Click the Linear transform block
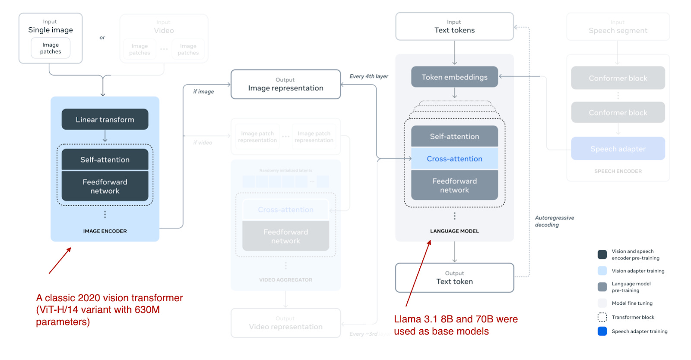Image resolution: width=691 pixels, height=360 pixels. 105,120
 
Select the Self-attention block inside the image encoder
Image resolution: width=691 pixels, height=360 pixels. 105,159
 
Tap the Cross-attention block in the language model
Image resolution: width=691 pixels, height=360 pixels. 454,159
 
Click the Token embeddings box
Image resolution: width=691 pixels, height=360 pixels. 454,77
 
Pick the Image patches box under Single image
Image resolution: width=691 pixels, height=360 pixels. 51,48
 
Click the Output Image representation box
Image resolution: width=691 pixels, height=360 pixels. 285,84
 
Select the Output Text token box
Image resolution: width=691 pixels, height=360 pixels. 454,277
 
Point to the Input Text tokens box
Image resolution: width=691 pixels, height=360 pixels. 454,26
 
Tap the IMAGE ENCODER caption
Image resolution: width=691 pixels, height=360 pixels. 105,231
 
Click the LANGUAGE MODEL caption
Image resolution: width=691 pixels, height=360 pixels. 454,231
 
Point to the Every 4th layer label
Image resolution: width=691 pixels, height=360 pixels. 368,76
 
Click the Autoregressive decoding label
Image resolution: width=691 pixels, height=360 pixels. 554,221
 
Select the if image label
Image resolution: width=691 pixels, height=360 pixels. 203,92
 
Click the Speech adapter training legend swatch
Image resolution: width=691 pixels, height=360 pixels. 602,331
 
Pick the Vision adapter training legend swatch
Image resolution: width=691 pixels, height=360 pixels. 602,271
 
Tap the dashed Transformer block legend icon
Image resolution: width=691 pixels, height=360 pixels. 602,317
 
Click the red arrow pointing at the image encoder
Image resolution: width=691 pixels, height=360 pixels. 60,261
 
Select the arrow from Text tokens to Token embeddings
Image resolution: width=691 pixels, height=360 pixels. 454,53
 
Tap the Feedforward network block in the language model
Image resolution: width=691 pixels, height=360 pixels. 454,185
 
